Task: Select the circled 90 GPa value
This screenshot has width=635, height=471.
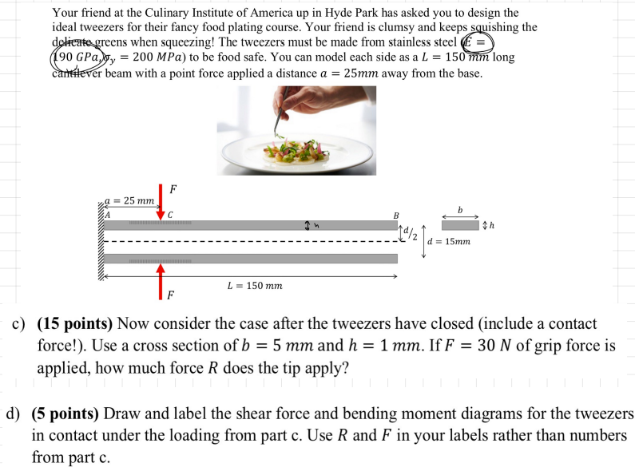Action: [x=77, y=57]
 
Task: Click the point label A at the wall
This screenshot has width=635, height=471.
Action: [x=107, y=214]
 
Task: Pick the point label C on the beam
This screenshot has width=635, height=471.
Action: [x=170, y=214]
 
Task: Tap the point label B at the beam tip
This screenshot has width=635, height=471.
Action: [x=394, y=214]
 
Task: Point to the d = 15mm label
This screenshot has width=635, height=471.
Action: [x=450, y=241]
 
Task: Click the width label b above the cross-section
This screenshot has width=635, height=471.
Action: [x=460, y=210]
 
